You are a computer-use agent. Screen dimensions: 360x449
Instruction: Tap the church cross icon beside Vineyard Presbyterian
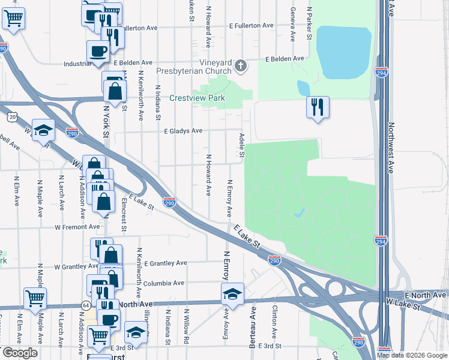pos(241,65)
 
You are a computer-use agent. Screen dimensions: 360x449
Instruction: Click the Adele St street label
pos(242,146)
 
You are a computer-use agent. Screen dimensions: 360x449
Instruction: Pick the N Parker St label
pos(310,23)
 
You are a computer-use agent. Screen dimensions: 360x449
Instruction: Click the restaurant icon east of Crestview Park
pos(318,107)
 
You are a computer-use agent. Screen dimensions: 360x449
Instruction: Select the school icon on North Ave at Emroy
pos(232,293)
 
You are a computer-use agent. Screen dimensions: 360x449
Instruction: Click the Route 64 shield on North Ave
pos(78,305)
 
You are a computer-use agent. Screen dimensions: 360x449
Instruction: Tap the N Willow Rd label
pos(187,325)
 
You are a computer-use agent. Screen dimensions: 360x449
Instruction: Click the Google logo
pos(19,353)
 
